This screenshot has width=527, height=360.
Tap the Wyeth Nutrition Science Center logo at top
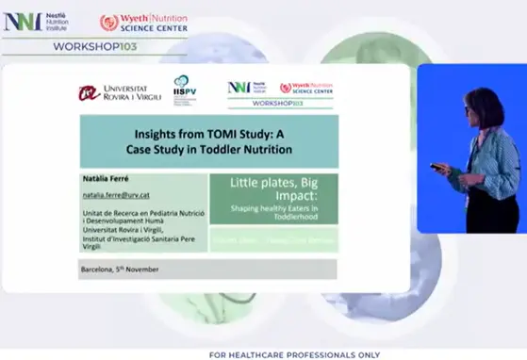pyautogui.click(x=143, y=22)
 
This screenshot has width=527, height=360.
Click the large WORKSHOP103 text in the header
pyautogui.click(x=95, y=45)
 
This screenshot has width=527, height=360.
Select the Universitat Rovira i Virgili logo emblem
pyautogui.click(x=89, y=92)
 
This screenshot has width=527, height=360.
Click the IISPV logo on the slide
pyautogui.click(x=185, y=88)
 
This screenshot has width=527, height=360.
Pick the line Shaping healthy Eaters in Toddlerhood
pyautogui.click(x=272, y=213)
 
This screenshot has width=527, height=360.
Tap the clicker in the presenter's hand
pyautogui.click(x=436, y=168)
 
